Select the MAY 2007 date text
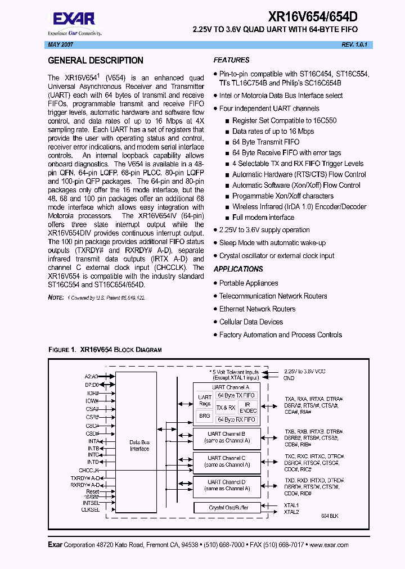click(x=56, y=44)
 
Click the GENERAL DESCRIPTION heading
click(x=96, y=61)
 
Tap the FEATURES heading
click(x=231, y=60)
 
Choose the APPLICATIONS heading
click(x=238, y=269)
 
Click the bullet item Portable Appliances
click(x=248, y=283)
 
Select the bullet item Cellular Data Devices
click(x=251, y=322)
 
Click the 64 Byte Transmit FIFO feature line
click(x=265, y=142)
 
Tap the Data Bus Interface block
click(x=139, y=445)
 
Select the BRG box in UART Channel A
click(x=205, y=416)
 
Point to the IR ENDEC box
click(x=247, y=408)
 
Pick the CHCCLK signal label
click(x=89, y=469)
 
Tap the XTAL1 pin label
click(x=291, y=505)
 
